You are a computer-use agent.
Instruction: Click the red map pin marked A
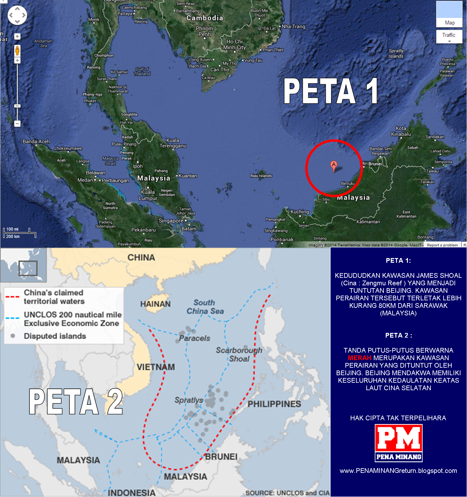(x=334, y=165)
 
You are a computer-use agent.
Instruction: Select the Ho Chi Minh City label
(x=234, y=44)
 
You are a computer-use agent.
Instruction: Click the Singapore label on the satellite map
(x=171, y=221)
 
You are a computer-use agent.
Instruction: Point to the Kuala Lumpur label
(x=148, y=195)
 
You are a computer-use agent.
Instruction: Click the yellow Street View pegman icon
(x=18, y=50)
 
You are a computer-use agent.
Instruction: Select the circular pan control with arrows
(x=18, y=15)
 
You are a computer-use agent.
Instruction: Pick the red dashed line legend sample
(x=13, y=297)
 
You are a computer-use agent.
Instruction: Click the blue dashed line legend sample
(x=13, y=318)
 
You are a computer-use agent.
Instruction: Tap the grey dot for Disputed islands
(x=13, y=336)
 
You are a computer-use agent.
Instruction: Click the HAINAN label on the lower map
(x=155, y=304)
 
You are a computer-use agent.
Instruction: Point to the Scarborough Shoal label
(x=239, y=355)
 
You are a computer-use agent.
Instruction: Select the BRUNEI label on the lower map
(x=221, y=457)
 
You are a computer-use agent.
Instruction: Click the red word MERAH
(x=359, y=358)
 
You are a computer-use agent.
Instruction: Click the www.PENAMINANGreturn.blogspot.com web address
(x=398, y=471)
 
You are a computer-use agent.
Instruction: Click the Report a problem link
(x=442, y=245)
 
